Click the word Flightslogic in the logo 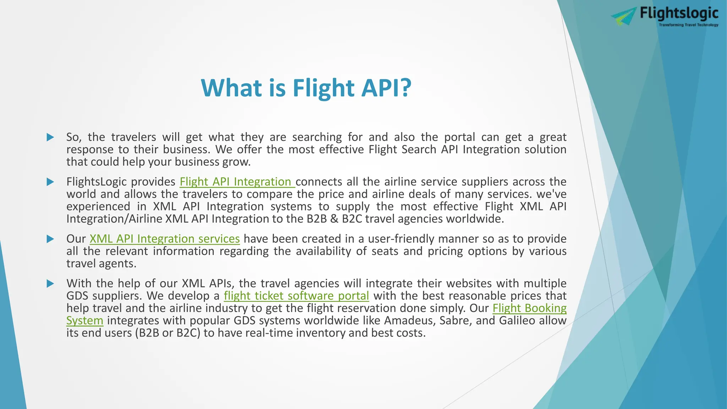(x=679, y=13)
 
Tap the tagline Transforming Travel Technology (x=688, y=25)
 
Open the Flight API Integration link (x=237, y=182)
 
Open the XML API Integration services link (x=164, y=239)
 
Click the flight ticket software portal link (x=296, y=296)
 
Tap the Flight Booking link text (x=529, y=308)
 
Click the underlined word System (x=84, y=321)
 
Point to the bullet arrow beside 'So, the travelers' (x=50, y=137)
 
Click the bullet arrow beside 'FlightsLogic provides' (x=50, y=182)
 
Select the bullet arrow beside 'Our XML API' (x=50, y=239)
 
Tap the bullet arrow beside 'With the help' (x=50, y=284)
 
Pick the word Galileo (x=516, y=321)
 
